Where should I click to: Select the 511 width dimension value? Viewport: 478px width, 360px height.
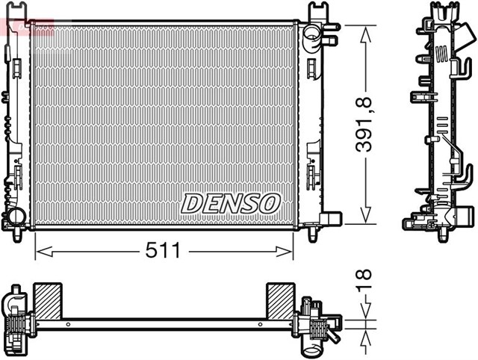(x=163, y=252)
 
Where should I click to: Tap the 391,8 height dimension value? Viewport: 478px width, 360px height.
(x=365, y=124)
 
